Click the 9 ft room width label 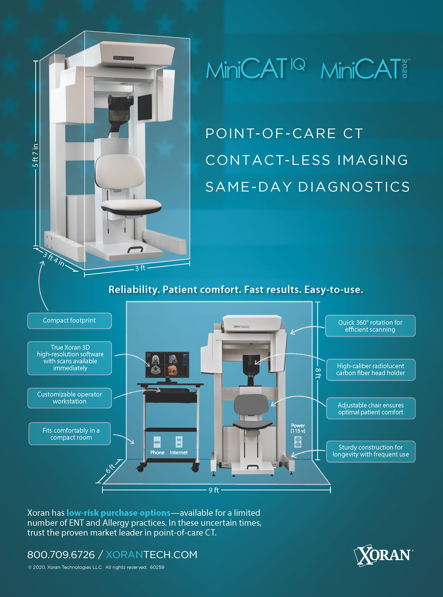coord(214,490)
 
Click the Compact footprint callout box coord(69,321)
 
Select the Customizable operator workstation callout coord(69,398)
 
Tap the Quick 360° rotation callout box coord(370,326)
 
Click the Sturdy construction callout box coord(371,451)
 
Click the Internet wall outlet coord(179,442)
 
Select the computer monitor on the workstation coord(167,365)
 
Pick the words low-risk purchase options coord(118,513)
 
